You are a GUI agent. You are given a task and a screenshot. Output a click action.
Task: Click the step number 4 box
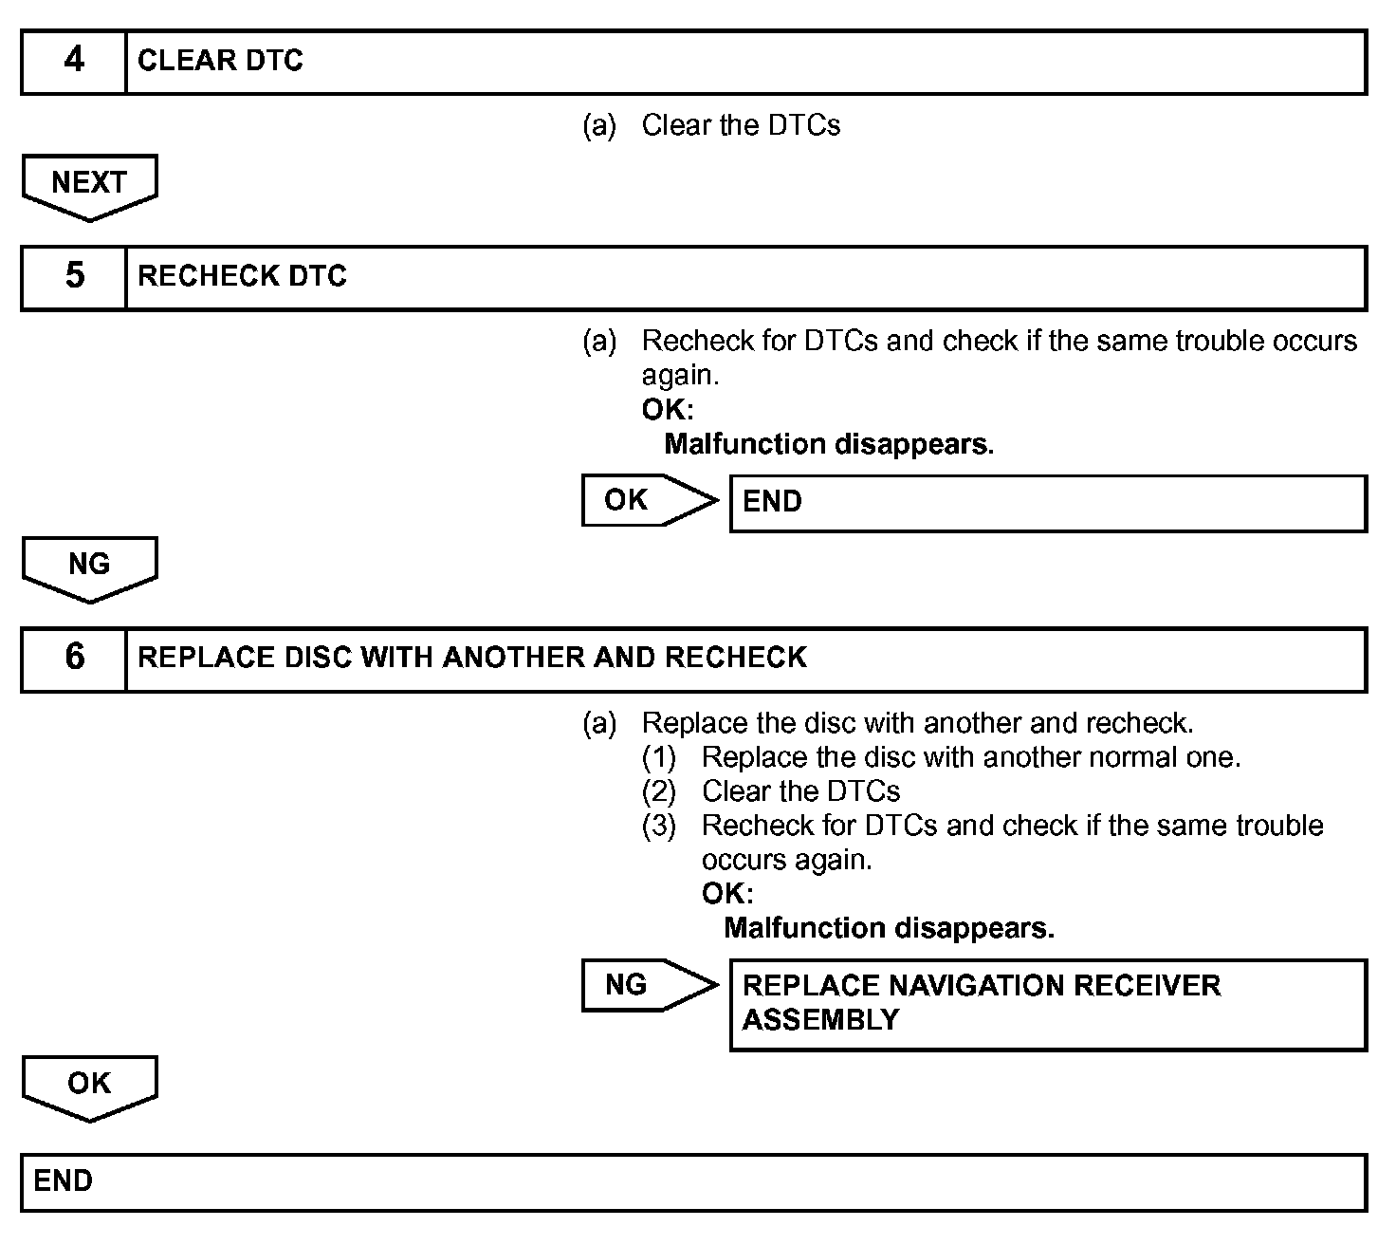(74, 62)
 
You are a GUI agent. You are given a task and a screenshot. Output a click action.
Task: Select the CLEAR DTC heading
(220, 61)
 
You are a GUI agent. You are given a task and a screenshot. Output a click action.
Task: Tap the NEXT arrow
(89, 184)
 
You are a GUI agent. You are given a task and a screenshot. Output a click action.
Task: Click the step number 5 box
(74, 277)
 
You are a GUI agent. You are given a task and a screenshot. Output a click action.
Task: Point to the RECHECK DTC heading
(242, 276)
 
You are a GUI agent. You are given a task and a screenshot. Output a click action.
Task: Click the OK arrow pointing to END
(648, 500)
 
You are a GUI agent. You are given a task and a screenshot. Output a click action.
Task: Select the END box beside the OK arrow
(1047, 503)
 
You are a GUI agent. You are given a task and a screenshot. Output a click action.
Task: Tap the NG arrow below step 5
(89, 567)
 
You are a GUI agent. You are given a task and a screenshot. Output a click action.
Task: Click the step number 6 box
(74, 659)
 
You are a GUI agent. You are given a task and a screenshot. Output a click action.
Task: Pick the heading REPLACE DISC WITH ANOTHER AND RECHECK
(471, 658)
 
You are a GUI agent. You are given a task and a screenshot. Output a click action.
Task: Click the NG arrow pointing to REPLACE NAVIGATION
(648, 985)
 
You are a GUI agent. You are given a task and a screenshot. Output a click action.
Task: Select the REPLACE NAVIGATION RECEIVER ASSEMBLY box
(1047, 1004)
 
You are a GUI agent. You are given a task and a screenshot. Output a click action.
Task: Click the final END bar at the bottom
(693, 1182)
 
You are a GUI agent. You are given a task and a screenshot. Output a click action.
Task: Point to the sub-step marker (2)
(659, 791)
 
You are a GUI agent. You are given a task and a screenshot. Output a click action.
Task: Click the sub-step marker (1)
(659, 757)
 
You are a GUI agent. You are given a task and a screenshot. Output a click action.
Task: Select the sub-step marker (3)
(659, 826)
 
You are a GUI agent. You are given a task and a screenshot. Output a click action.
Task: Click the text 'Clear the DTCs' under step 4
(741, 125)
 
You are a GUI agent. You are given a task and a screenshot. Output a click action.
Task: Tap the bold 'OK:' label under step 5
(668, 410)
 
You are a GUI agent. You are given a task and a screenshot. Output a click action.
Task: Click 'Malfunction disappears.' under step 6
(889, 928)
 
